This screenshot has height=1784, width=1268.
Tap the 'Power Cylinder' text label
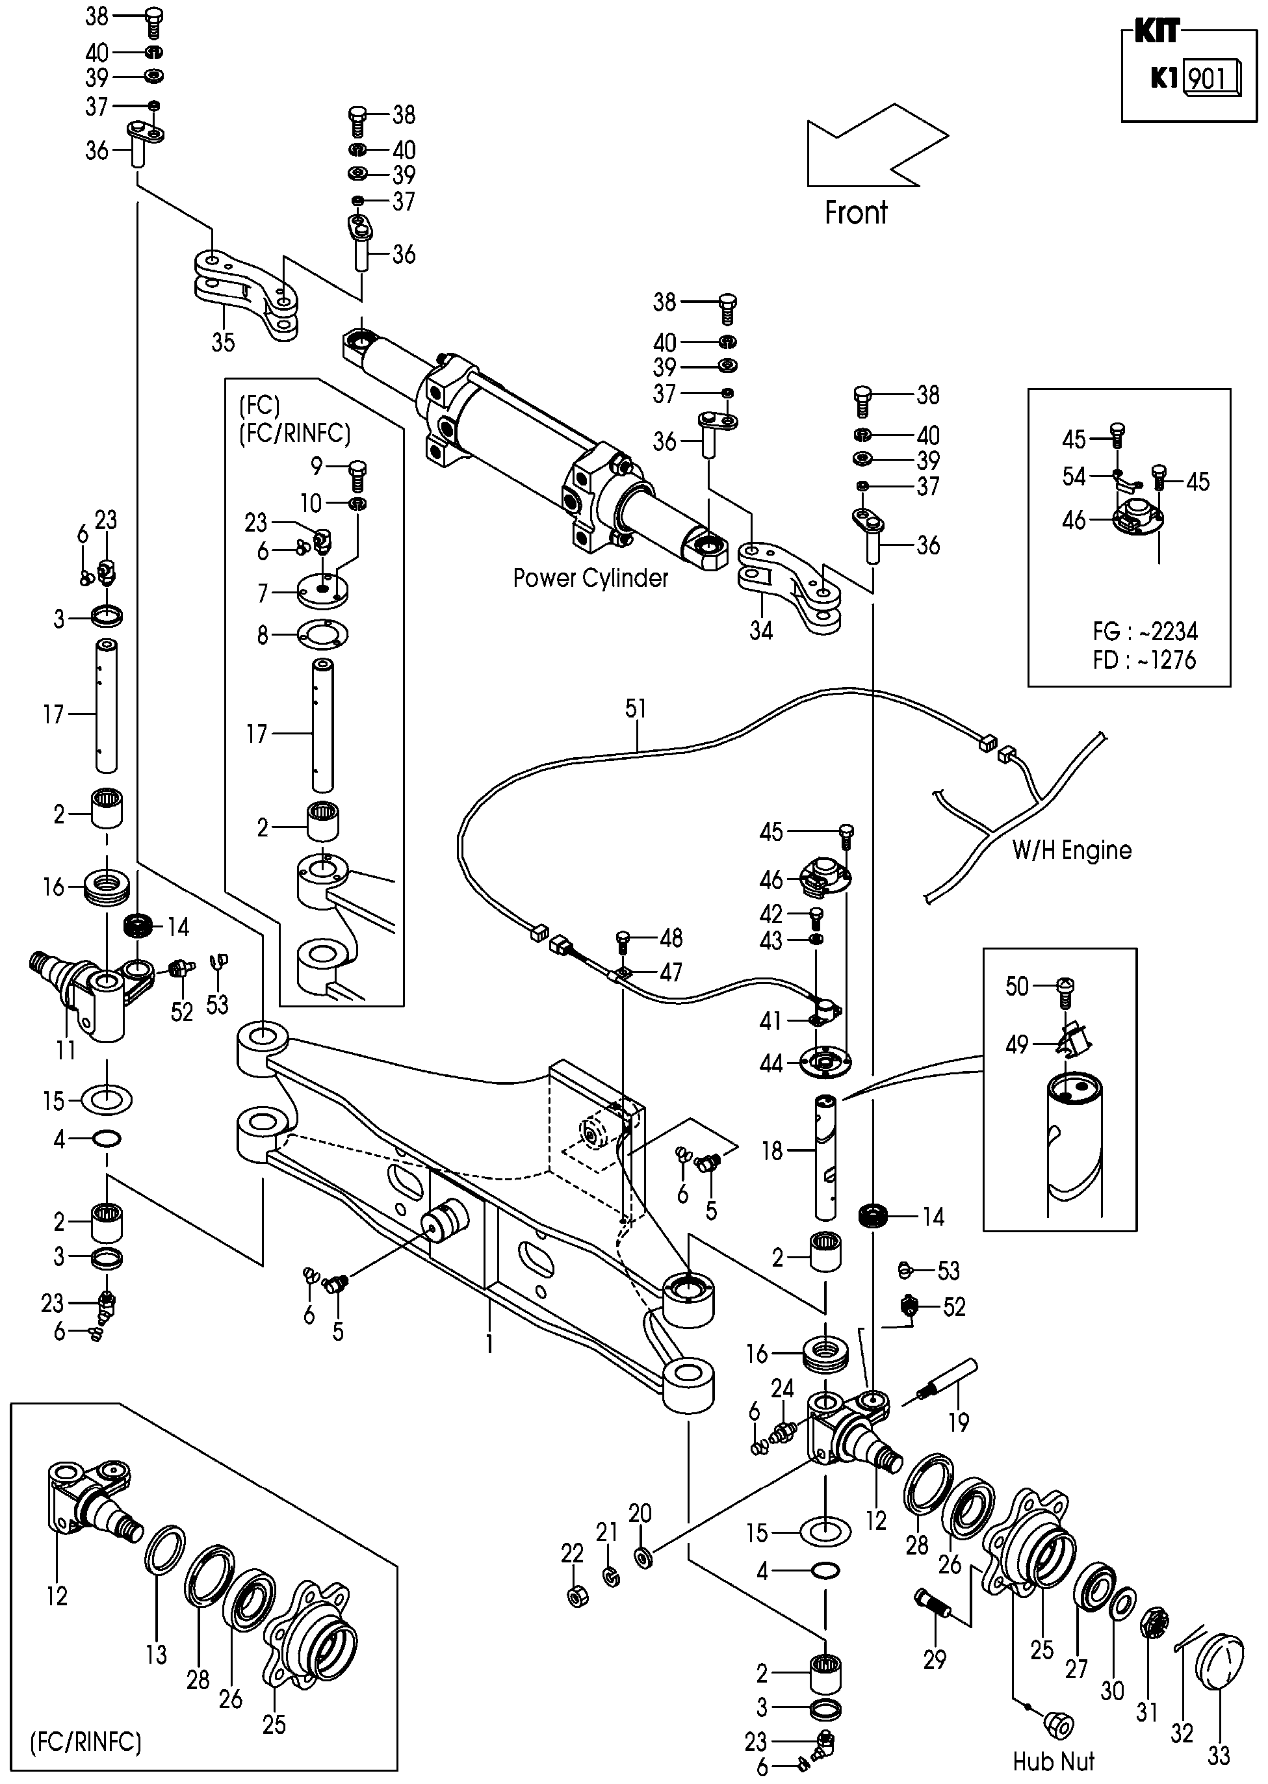pos(590,578)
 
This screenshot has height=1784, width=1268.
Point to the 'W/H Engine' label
pos(1071,850)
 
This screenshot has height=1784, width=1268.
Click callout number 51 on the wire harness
pos(636,709)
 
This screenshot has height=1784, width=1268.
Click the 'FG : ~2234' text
pos(1145,632)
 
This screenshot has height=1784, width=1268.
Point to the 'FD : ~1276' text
pos(1145,660)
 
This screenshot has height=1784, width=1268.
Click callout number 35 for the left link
pos(224,342)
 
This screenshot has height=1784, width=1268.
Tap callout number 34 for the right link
pos(760,630)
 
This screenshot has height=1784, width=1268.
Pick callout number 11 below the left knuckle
pos(66,1050)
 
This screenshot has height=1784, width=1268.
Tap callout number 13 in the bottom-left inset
pos(156,1653)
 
